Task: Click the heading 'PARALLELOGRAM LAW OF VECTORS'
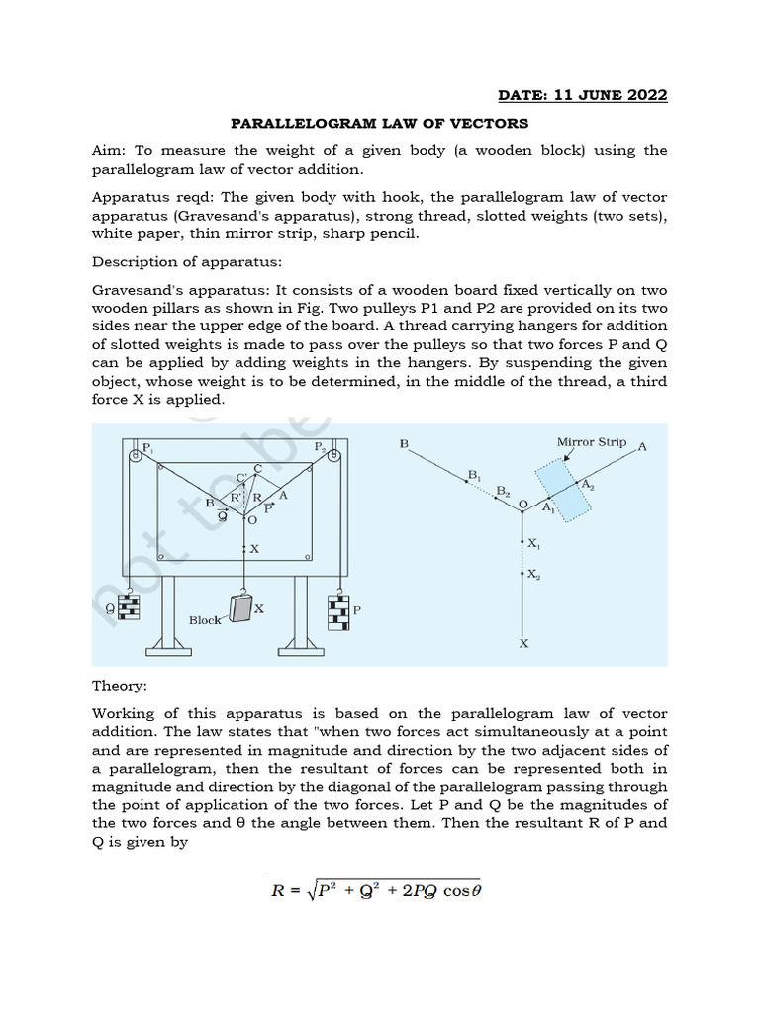coord(379,123)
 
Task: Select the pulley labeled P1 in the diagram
coord(134,455)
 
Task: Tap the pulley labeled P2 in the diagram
coord(335,456)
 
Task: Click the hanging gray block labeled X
coord(240,608)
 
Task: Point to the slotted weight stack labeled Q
coord(128,608)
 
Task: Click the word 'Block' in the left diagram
coord(206,620)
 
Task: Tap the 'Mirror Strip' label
coord(592,442)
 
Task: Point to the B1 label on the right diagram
coord(475,476)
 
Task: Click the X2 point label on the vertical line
coord(534,575)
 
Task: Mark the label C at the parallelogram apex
coord(258,468)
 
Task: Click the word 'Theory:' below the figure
coord(119,685)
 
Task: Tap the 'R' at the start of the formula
coord(279,890)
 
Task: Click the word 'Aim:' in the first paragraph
coord(110,150)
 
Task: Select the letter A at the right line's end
coord(643,447)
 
